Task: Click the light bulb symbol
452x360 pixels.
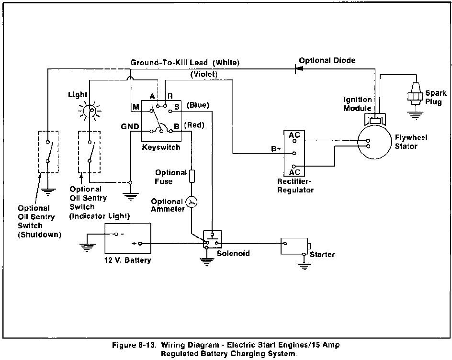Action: tap(90, 111)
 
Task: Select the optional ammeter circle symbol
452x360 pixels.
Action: tap(191, 202)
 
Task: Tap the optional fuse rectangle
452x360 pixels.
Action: tap(192, 176)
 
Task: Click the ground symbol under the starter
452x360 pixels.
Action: tap(305, 266)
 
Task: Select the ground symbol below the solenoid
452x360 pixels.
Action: tap(206, 261)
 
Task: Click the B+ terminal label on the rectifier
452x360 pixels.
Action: tap(276, 149)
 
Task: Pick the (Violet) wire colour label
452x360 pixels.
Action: tap(204, 74)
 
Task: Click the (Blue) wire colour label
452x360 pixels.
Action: tap(198, 105)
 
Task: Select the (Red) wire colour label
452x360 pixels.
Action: tap(194, 125)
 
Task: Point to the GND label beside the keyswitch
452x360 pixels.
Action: tap(130, 126)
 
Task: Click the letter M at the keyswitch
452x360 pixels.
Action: tap(136, 107)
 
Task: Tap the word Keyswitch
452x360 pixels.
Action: tap(161, 147)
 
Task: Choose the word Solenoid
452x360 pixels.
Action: tap(233, 253)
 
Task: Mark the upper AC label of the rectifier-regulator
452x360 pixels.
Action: tap(294, 135)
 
